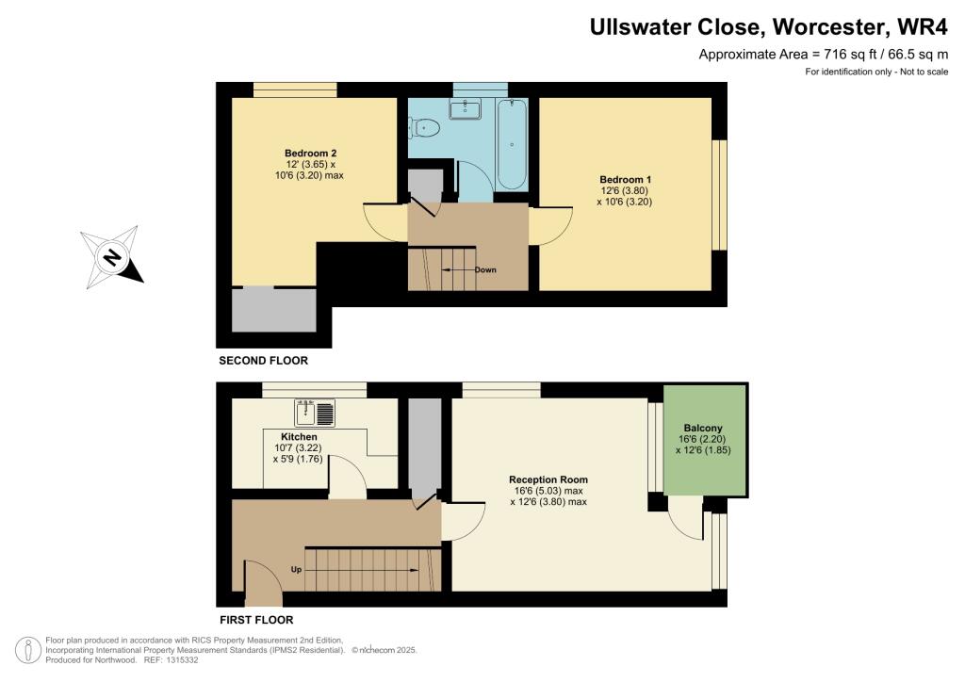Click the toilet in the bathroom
point(427,127)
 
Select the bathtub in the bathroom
point(513,143)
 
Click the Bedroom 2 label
point(310,154)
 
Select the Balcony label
point(703,428)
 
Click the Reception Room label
point(548,479)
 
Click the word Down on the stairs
point(485,269)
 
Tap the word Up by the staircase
point(296,570)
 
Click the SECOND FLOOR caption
point(263,361)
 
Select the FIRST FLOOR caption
point(255,620)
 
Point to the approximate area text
point(822,55)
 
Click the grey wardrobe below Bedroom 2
point(273,310)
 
